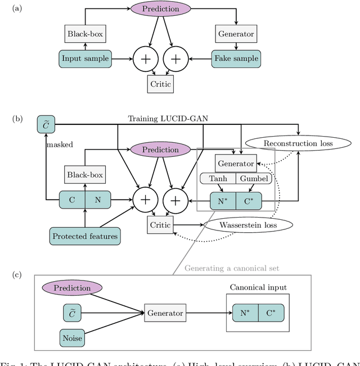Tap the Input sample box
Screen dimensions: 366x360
86,58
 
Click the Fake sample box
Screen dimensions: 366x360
235,58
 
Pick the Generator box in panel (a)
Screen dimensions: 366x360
236,34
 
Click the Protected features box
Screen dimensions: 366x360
85,236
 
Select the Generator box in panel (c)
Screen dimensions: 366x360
165,313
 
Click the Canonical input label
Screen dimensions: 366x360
258,287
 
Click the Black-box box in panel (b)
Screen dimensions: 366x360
84,174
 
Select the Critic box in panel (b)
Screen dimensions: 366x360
160,225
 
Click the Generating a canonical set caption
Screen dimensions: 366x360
232,268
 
